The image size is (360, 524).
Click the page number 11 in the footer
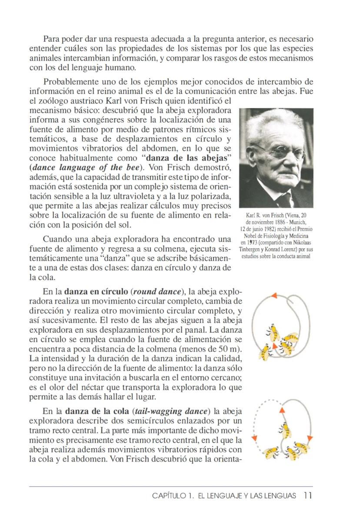point(308,496)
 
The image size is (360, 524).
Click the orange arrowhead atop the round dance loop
point(274,296)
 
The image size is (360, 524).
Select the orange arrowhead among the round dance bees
point(274,346)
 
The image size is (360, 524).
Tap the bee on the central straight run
point(285,429)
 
